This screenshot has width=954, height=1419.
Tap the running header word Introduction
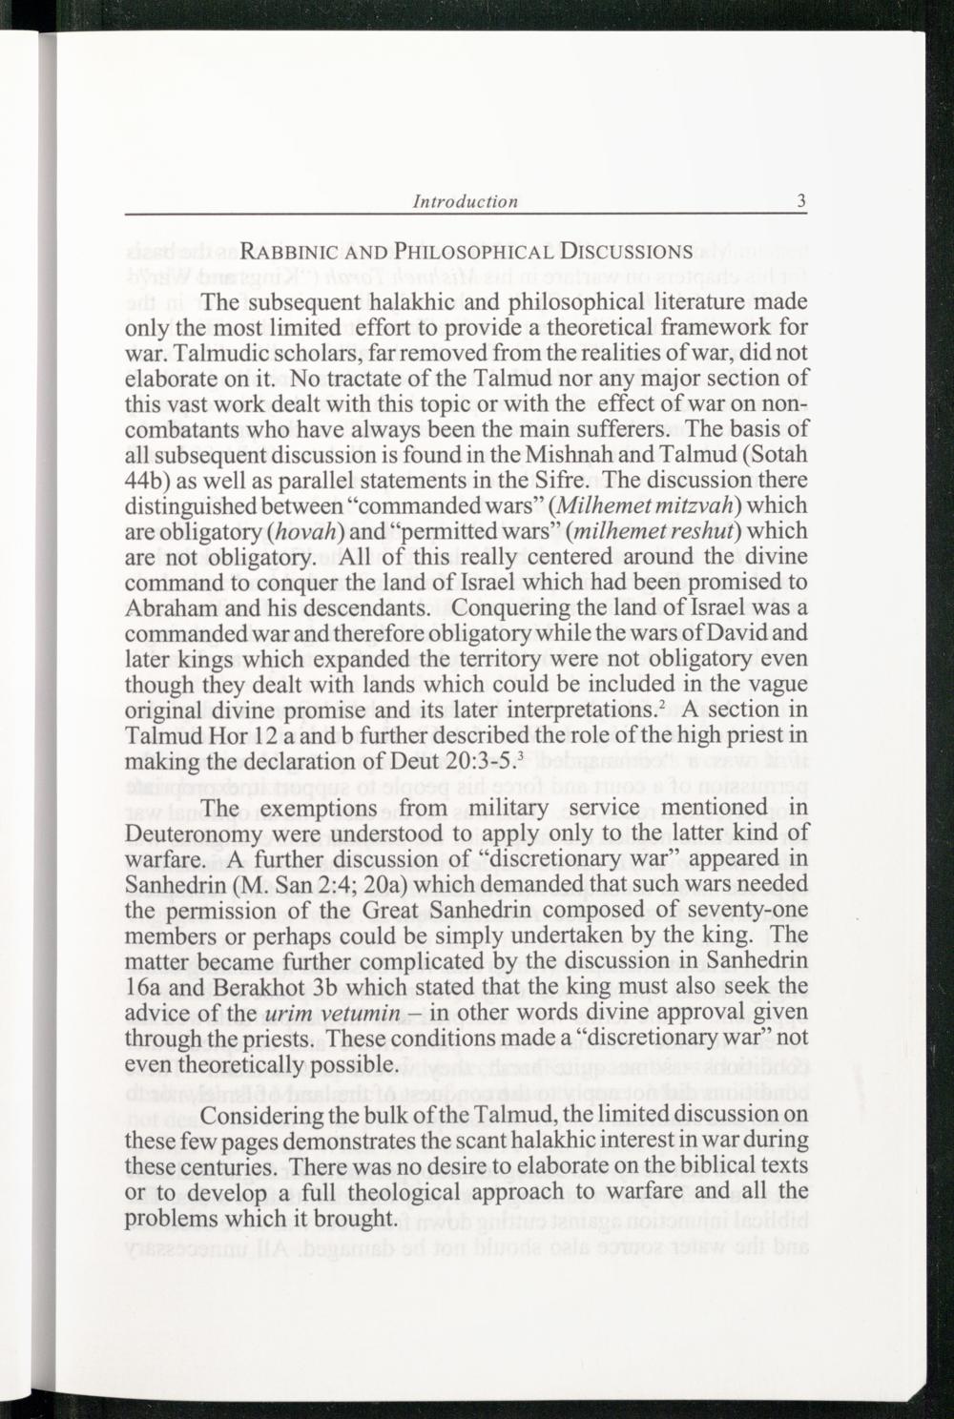(x=466, y=201)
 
